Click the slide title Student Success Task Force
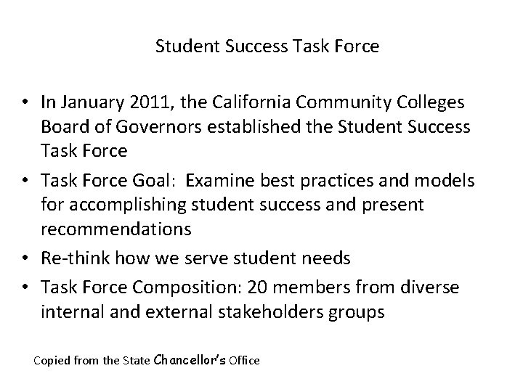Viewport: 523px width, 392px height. point(267,47)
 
